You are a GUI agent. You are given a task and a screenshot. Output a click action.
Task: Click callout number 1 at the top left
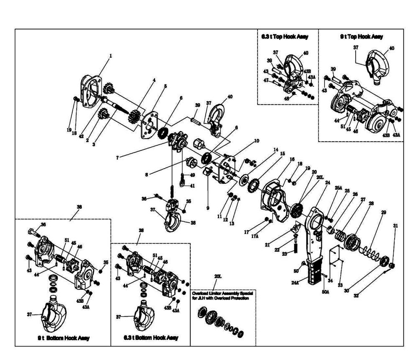pos(111,55)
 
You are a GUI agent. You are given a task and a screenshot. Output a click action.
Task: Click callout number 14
pos(275,149)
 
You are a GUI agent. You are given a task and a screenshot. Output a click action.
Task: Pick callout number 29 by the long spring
pos(383,213)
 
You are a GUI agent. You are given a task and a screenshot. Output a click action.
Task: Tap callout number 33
pos(340,285)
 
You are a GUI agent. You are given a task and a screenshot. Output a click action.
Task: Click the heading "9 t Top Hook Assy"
pos(361,37)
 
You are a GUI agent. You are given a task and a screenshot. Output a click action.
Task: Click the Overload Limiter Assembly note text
pos(223,296)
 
